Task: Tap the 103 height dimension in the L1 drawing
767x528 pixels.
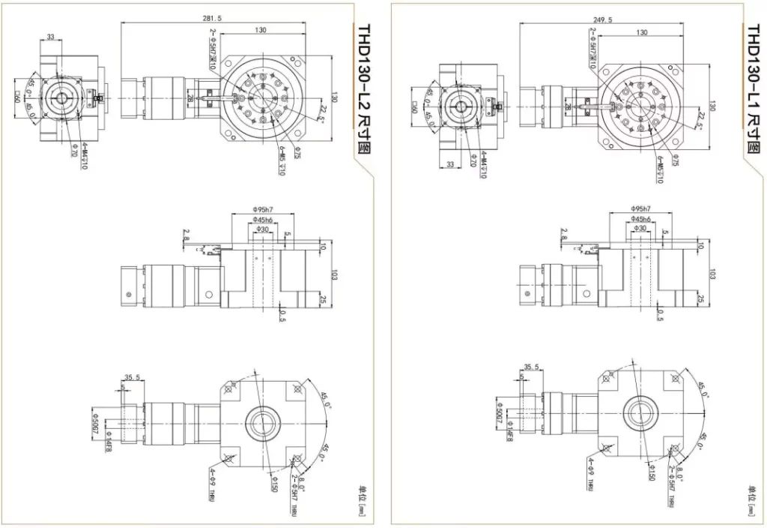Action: tap(712, 272)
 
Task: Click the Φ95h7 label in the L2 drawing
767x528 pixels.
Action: tap(263, 208)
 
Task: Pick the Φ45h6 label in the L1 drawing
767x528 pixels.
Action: tap(640, 218)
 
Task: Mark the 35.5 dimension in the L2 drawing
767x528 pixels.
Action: tap(132, 378)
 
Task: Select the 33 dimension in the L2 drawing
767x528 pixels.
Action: tap(51, 36)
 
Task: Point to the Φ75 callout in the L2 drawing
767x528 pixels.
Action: tap(297, 154)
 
